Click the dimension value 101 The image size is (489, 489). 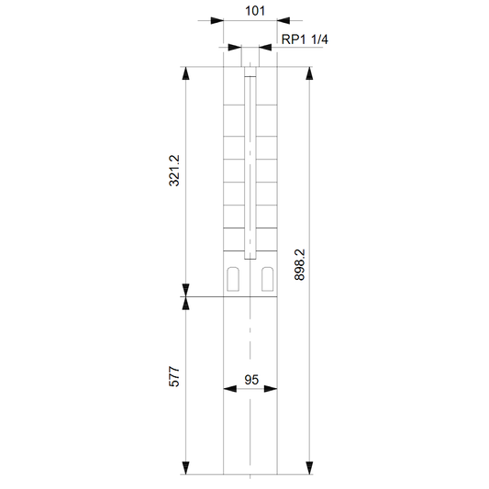[255, 11]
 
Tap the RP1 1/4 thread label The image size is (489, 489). [305, 39]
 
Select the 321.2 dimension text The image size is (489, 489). [174, 171]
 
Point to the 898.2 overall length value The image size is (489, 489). [299, 265]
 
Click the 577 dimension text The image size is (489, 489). [174, 377]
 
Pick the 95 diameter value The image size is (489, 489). [251, 380]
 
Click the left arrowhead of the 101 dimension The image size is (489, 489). [217, 20]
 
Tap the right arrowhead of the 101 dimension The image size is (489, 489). [283, 20]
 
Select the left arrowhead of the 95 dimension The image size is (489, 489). [230, 389]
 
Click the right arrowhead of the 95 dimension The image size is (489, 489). [271, 389]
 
